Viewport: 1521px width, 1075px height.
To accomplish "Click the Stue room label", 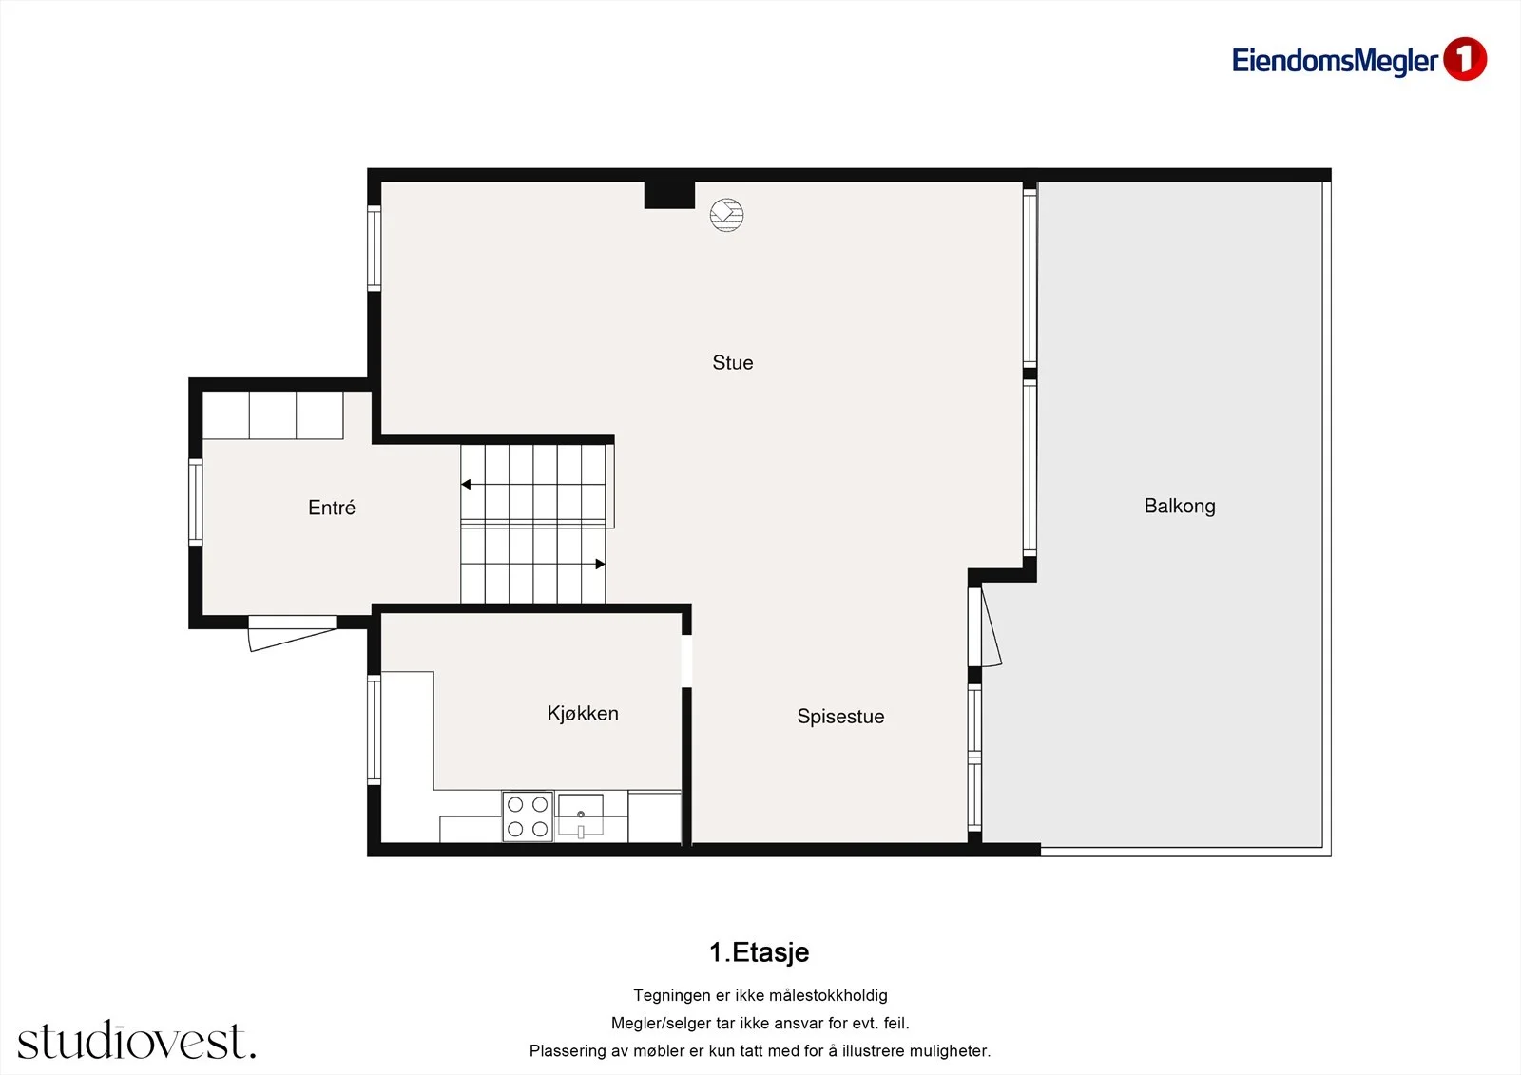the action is coord(733,363).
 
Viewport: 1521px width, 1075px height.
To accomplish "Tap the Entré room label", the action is coord(332,508).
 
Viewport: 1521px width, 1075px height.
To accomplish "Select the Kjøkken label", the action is coord(583,714).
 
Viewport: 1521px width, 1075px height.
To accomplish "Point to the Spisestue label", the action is coord(840,717).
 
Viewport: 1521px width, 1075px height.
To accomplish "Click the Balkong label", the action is coord(1180,506).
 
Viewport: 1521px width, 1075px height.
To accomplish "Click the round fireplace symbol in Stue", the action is coord(726,215).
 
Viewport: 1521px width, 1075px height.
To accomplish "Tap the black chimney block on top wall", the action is coord(669,195).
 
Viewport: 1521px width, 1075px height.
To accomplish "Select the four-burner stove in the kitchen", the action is coord(528,816).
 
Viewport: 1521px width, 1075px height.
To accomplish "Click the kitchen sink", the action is coord(581,815).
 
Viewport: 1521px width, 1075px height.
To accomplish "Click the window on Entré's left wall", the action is coord(196,502).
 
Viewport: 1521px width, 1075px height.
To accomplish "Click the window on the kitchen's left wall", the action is coord(375,729).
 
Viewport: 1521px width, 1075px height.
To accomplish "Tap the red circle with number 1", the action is coord(1465,59).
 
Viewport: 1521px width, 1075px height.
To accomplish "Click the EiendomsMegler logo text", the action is coord(1335,61).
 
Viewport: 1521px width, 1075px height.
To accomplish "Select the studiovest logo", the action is coord(137,1040).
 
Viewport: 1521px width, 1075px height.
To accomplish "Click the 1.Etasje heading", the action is coord(760,952).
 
